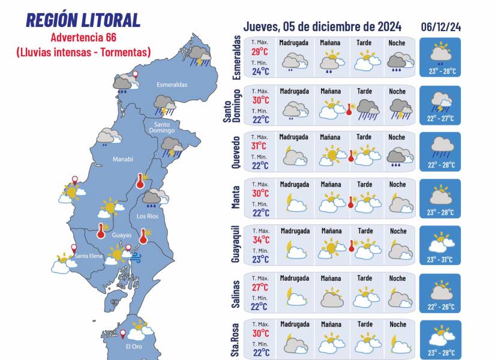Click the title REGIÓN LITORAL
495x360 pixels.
click(83, 20)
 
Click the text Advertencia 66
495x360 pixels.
click(83, 40)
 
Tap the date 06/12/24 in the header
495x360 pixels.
click(440, 27)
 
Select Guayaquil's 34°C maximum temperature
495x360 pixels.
click(260, 240)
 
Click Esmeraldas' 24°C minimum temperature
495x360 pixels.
click(260, 72)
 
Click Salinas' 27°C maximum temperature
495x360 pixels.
click(260, 287)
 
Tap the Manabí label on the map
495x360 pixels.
click(122, 159)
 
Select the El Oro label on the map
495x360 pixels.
click(133, 347)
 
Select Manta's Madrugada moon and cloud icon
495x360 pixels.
click(295, 202)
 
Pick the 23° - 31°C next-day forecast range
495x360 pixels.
click(440, 260)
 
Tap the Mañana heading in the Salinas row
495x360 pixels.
click(330, 278)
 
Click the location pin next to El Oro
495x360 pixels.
click(122, 333)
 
